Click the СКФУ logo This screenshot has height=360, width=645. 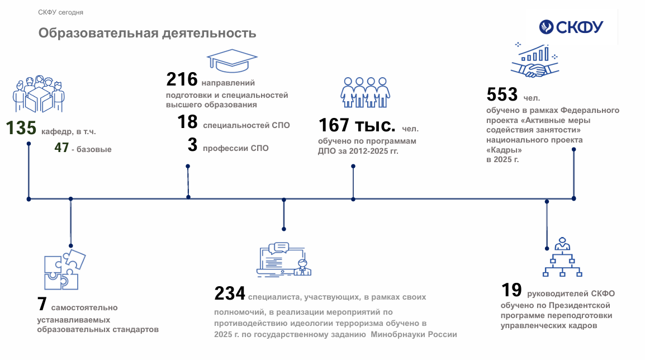pos(571,27)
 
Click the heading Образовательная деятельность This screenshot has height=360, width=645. pos(147,33)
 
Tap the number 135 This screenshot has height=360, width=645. pos(21,128)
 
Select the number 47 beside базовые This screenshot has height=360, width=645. pos(61,147)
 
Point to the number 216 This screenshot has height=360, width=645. pos(182,79)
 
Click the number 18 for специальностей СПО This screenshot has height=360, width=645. pos(188,122)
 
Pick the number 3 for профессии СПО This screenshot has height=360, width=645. pos(192,145)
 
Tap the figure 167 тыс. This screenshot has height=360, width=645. pos(357,125)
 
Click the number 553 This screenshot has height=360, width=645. pos(502,94)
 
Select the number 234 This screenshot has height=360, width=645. pos(230,293)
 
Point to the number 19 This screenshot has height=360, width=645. pos(511,290)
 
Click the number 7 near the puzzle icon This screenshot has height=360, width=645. pos(42,304)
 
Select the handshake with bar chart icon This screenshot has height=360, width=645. pos(534,60)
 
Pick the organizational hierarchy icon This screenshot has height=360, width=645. pos(562,257)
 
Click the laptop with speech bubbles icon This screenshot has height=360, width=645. pos(284,259)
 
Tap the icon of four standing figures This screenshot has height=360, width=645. pos(366,93)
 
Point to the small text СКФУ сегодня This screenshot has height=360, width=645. pos(60,12)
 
